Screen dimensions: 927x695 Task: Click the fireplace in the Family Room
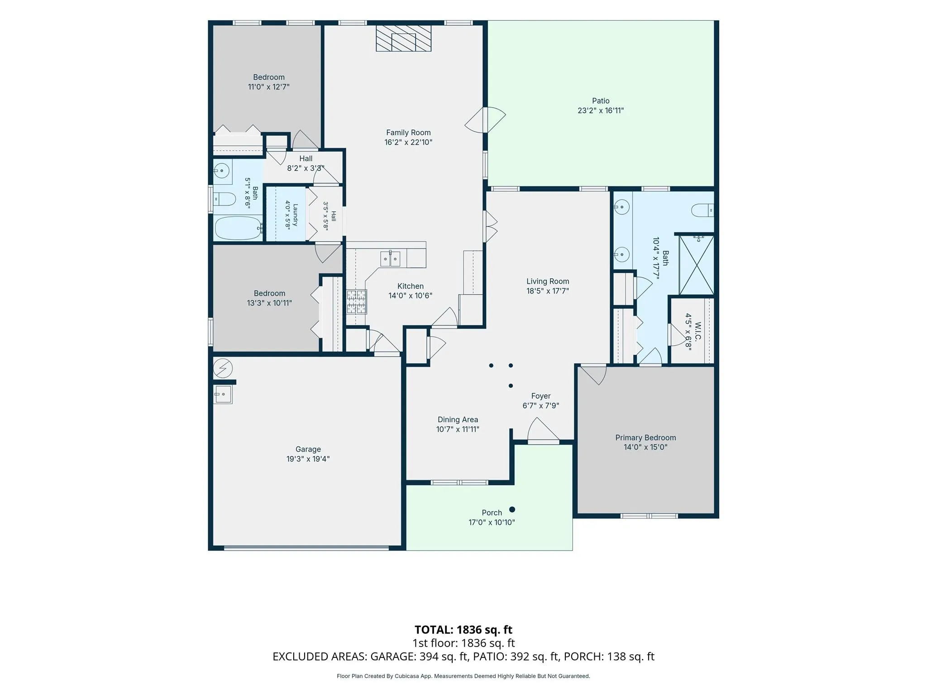click(x=403, y=38)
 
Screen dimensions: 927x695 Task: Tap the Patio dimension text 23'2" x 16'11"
click(x=601, y=110)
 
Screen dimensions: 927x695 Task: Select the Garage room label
click(x=308, y=449)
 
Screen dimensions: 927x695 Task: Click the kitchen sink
click(x=390, y=259)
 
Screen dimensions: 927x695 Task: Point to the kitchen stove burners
click(x=357, y=302)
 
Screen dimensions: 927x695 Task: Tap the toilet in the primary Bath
click(x=703, y=210)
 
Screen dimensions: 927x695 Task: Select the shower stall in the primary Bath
click(x=697, y=265)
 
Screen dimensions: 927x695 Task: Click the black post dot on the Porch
click(x=512, y=509)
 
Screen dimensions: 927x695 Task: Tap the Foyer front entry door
click(x=543, y=431)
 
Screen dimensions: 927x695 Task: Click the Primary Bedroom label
click(x=645, y=438)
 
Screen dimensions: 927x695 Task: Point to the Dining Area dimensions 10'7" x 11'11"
click(x=458, y=429)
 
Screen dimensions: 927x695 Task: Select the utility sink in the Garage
click(x=223, y=395)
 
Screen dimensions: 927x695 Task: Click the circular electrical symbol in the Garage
click(x=223, y=368)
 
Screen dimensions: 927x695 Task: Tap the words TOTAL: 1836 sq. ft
click(x=463, y=630)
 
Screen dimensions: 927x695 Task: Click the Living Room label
click(x=548, y=281)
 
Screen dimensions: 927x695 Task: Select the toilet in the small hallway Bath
click(x=225, y=199)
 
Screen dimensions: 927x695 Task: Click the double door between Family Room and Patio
click(x=485, y=120)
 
